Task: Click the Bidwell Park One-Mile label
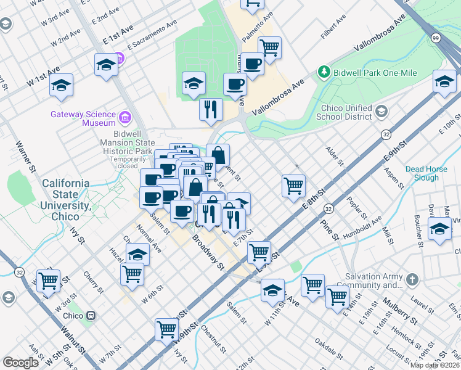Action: (x=375, y=73)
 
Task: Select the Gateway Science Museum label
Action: (x=83, y=118)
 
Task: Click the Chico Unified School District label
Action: (x=345, y=112)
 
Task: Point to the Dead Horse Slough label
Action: (x=431, y=173)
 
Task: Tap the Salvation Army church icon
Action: (x=412, y=280)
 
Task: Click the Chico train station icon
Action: (x=91, y=315)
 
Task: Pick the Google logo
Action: (x=21, y=363)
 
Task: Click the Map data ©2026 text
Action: (x=434, y=365)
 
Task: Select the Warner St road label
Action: (x=26, y=157)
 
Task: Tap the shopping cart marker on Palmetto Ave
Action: (x=269, y=47)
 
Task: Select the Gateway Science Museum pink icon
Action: (x=126, y=117)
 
